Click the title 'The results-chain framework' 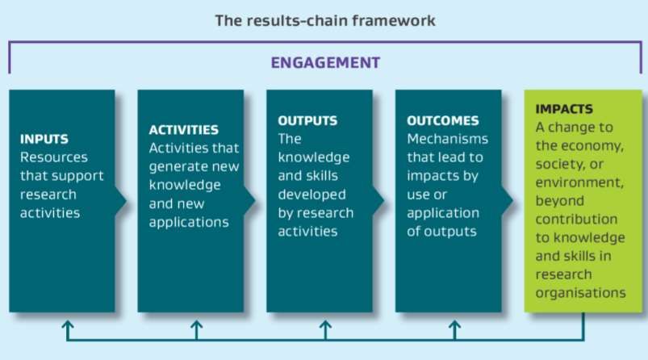tap(325, 21)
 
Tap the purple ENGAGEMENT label tap(325, 63)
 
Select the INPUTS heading tap(44, 139)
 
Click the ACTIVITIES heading tap(183, 130)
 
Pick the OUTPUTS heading tap(307, 121)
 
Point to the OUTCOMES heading tap(442, 121)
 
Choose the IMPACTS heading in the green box tap(564, 109)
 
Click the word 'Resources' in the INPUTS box tap(54, 157)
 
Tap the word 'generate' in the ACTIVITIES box tap(172, 167)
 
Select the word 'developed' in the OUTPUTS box tap(311, 195)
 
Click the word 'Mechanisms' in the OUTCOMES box tap(447, 139)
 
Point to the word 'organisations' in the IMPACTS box tap(581, 293)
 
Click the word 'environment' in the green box tap(579, 182)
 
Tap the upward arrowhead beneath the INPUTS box tap(67, 325)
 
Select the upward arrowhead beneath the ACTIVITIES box tap(196, 325)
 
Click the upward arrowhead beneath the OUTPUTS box tap(325, 325)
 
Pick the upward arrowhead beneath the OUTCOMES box tap(454, 325)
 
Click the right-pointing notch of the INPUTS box tap(121, 201)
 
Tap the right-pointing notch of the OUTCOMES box tap(507, 201)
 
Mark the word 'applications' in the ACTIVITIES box tap(189, 222)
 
